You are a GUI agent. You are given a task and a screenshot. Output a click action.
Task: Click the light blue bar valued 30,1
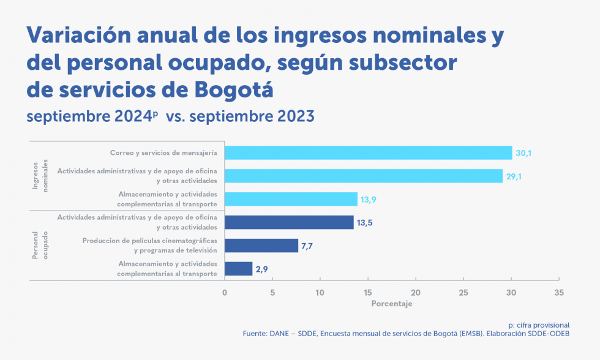coord(368,152)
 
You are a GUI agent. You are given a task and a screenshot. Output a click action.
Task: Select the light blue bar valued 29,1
coord(364,176)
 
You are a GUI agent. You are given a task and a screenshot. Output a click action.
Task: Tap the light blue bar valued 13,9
coord(291,199)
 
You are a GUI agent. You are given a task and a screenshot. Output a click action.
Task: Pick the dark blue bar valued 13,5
coord(289,222)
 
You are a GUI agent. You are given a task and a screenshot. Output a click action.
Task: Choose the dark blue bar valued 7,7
coord(261,246)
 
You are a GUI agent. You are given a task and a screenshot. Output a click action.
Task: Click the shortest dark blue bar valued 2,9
coord(239,269)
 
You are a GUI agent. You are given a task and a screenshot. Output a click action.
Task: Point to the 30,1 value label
coord(523,153)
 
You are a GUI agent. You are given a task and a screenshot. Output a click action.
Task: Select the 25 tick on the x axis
coord(463,293)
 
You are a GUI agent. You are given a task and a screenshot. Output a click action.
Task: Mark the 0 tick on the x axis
coord(225,293)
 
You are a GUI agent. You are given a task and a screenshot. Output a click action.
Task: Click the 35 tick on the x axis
coord(558,293)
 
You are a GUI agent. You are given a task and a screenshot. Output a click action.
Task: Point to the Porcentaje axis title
coord(392,304)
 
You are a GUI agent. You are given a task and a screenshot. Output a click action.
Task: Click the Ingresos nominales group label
coord(40,176)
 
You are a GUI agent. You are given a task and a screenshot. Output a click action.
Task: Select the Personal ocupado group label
coord(40,246)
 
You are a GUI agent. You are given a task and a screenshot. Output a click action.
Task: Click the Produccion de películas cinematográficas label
coord(150,241)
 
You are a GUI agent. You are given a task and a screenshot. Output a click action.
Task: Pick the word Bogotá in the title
coord(233,89)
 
